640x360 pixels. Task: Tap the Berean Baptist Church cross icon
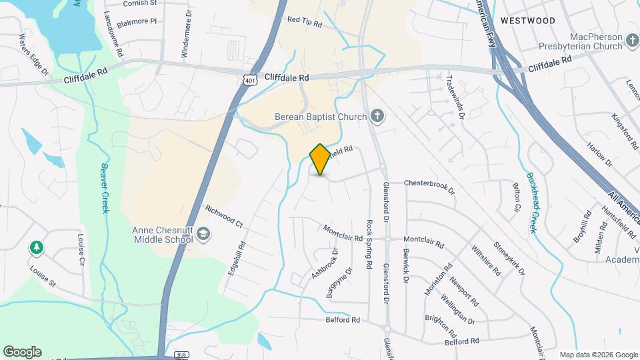pyautogui.click(x=377, y=117)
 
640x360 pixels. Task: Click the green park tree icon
pyautogui.click(x=35, y=248)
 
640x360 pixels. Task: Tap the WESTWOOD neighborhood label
pyautogui.click(x=527, y=21)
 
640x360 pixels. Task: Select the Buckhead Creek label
pyautogui.click(x=531, y=203)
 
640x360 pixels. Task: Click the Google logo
pyautogui.click(x=22, y=351)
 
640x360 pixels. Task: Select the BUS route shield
pyautogui.click(x=181, y=355)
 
